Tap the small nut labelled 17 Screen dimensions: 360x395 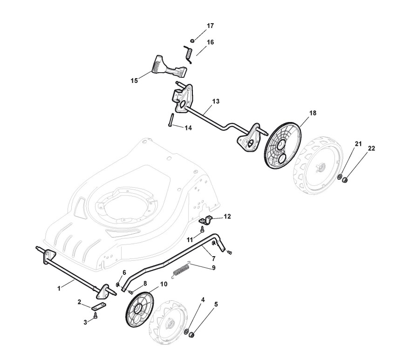coord(192,40)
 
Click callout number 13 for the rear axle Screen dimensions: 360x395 coord(216,101)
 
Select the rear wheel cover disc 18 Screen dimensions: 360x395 coord(283,144)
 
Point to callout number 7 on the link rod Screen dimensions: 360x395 coord(213,258)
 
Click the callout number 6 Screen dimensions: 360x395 coord(124,272)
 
